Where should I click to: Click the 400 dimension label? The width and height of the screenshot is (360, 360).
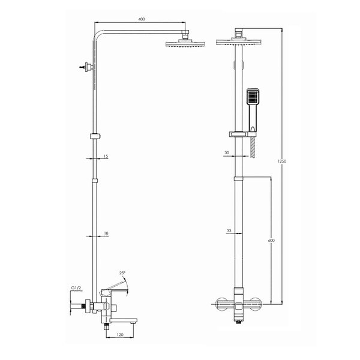pos(142,19)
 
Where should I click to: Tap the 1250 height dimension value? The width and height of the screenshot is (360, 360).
pos(282,161)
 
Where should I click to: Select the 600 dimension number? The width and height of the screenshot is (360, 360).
pos(271,241)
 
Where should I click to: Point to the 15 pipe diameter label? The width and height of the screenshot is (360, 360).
pos(106,157)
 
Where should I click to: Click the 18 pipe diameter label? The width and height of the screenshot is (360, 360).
pos(106,233)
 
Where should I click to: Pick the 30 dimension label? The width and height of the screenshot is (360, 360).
pos(227,152)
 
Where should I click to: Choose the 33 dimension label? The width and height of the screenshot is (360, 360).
pos(229,231)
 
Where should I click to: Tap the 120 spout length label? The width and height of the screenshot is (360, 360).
pos(120,335)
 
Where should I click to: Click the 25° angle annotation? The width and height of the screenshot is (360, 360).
pos(122,273)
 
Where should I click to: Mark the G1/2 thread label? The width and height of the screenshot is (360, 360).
pos(76,287)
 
